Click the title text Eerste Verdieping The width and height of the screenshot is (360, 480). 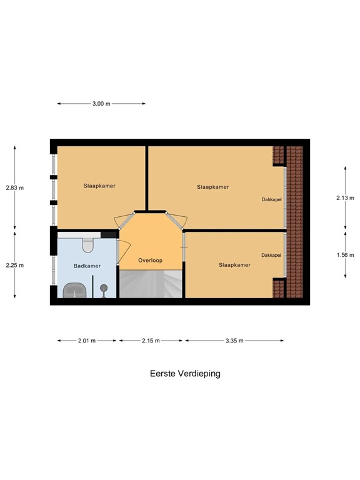(x=185, y=374)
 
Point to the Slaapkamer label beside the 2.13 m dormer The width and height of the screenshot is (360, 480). (x=212, y=187)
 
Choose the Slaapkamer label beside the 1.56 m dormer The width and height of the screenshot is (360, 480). (x=234, y=265)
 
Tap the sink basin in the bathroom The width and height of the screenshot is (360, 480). (x=76, y=290)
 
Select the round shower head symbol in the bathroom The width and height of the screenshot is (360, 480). (x=104, y=288)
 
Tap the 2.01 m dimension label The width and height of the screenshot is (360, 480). (x=87, y=341)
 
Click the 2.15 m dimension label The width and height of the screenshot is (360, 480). (x=151, y=341)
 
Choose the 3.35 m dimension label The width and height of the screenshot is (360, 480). (x=234, y=341)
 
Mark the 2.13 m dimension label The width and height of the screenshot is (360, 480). (x=345, y=198)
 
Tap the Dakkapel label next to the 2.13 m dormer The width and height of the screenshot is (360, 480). (x=271, y=199)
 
